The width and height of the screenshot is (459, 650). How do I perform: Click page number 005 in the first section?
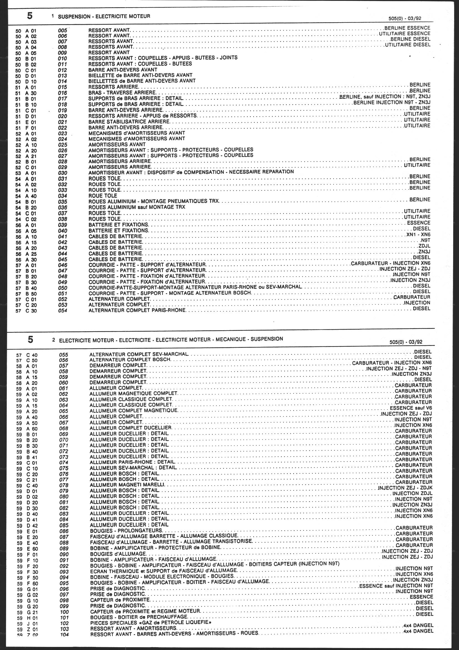tap(62, 30)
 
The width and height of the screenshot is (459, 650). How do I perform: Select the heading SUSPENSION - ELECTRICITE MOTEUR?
tap(104, 17)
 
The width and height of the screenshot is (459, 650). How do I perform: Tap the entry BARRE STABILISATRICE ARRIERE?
tap(129, 122)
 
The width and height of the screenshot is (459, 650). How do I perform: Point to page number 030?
tap(62, 173)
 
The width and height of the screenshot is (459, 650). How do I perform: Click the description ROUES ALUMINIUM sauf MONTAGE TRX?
tap(137, 207)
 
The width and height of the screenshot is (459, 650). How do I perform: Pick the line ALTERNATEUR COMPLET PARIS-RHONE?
tap(137, 311)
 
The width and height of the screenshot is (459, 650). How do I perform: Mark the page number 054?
tap(62, 311)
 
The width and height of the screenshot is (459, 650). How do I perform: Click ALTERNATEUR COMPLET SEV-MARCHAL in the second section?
tap(139, 354)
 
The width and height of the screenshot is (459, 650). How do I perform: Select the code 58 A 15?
tap(27, 377)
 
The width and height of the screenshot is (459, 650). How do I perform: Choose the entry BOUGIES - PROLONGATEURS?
tap(126, 530)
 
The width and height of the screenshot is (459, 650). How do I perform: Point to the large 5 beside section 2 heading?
tap(30, 339)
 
